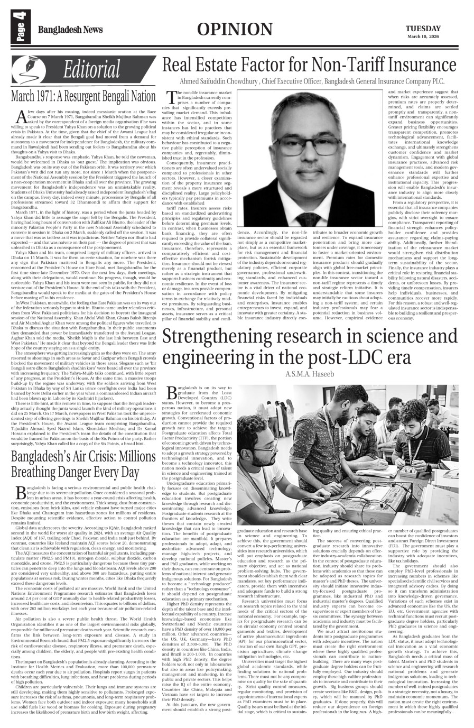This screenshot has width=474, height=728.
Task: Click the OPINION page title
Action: tap(236, 30)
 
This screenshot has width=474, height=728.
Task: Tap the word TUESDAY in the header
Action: tap(423, 28)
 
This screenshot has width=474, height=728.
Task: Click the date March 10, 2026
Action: tap(423, 36)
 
